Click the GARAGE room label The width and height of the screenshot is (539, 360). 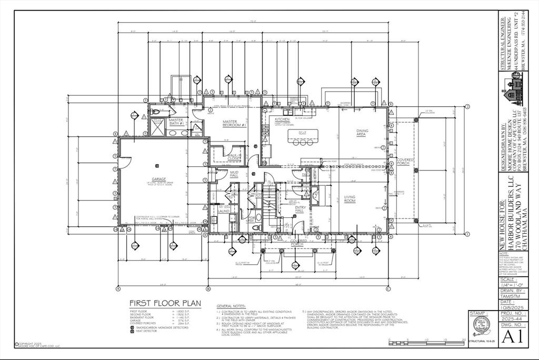159,179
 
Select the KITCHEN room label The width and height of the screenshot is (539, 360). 283,119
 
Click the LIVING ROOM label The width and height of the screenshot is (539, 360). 351,199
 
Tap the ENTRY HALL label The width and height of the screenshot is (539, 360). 300,209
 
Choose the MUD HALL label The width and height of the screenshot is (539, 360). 234,174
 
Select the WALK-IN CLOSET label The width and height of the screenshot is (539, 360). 234,157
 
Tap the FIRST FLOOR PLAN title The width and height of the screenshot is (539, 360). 165,303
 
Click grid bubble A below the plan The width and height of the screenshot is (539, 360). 118,288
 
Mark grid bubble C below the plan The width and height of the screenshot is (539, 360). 388,288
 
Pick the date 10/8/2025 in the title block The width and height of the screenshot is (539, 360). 510,308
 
